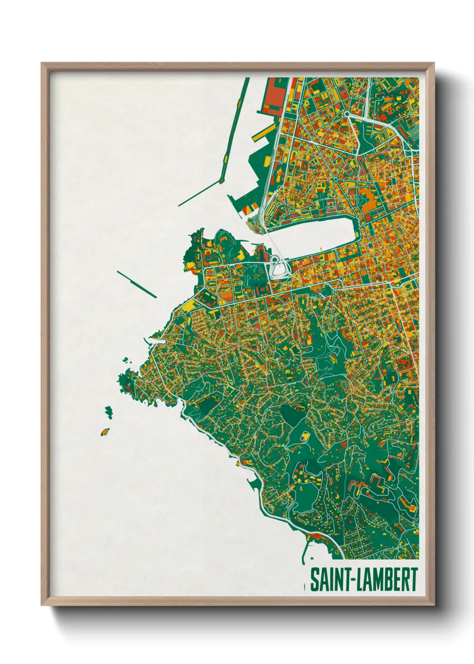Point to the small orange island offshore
pyautogui.click(x=105, y=432)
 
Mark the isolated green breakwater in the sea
pyautogui.click(x=137, y=284)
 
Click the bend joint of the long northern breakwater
pyautogui.click(x=221, y=181)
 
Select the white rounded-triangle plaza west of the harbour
pyautogui.click(x=279, y=270)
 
